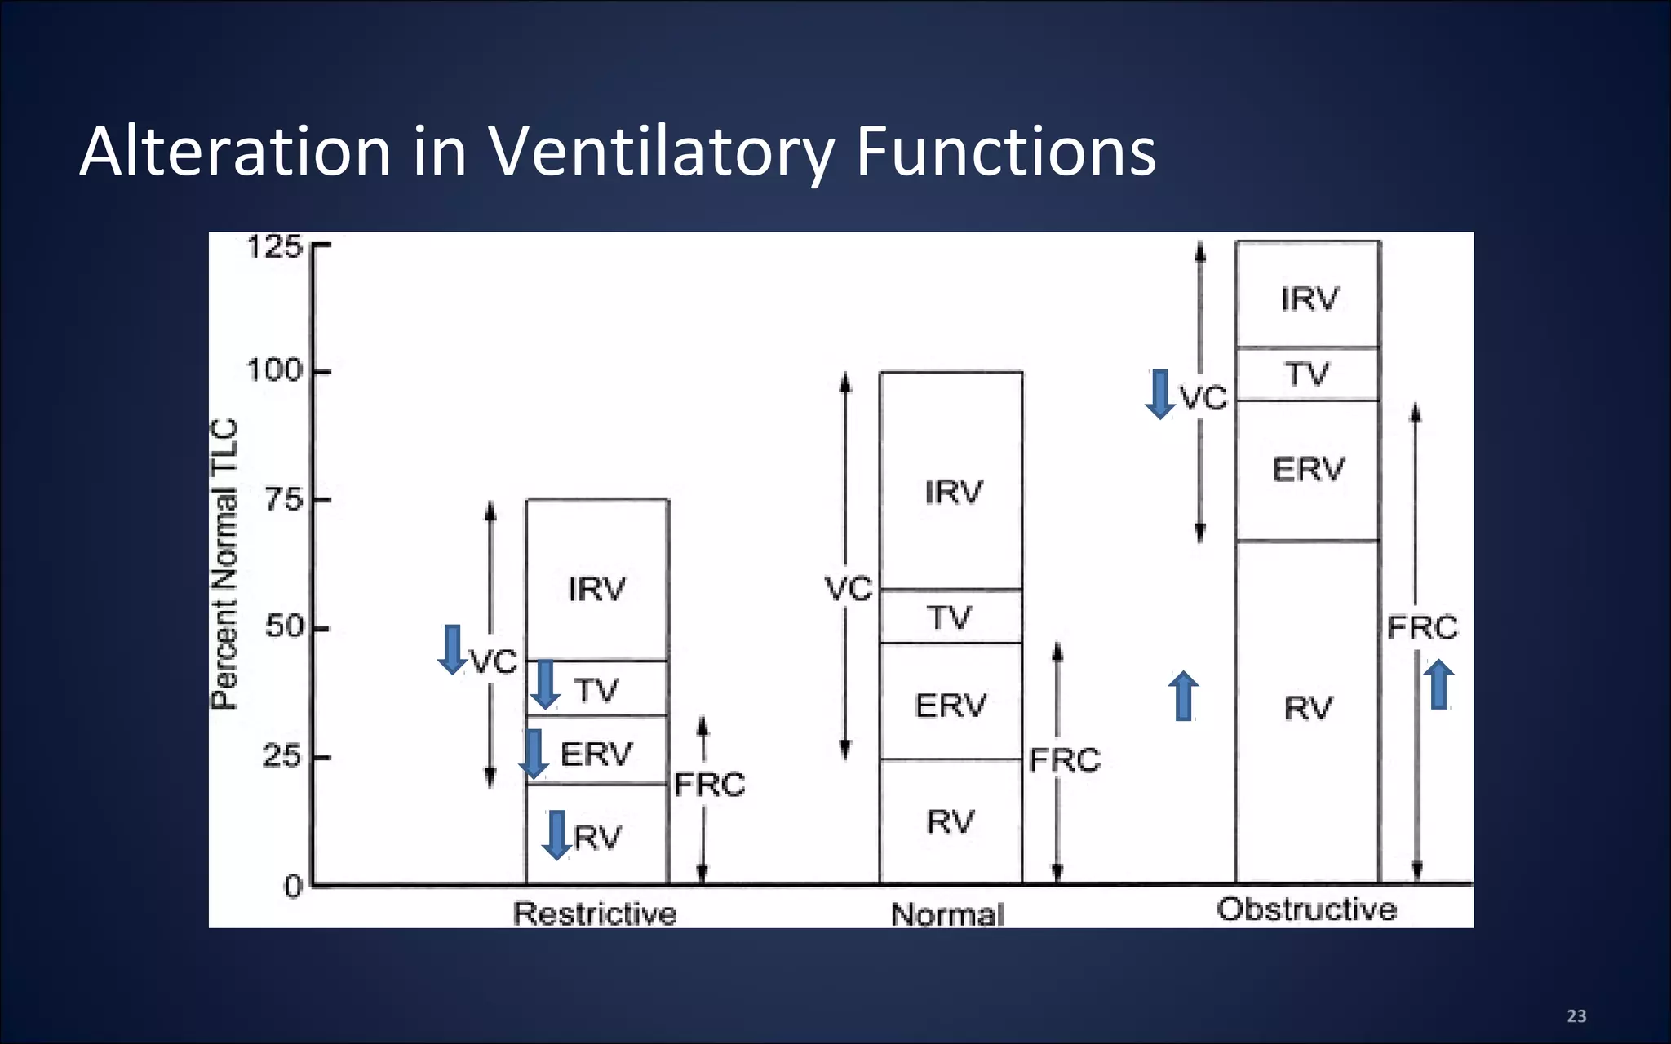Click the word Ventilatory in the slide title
(660, 152)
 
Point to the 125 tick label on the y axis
(274, 246)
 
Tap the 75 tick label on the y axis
(284, 499)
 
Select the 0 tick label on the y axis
(293, 886)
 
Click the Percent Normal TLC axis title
(224, 564)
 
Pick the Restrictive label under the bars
(595, 913)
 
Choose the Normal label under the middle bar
(947, 914)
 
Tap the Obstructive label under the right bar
(1306, 909)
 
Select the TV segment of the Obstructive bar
(1308, 374)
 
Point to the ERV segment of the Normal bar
(951, 703)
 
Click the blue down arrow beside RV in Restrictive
(556, 834)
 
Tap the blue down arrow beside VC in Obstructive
(1159, 394)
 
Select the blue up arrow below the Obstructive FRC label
(1439, 684)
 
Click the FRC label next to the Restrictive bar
(710, 785)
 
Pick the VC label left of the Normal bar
(849, 589)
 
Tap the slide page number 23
(1576, 1016)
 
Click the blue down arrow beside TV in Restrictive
(545, 684)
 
